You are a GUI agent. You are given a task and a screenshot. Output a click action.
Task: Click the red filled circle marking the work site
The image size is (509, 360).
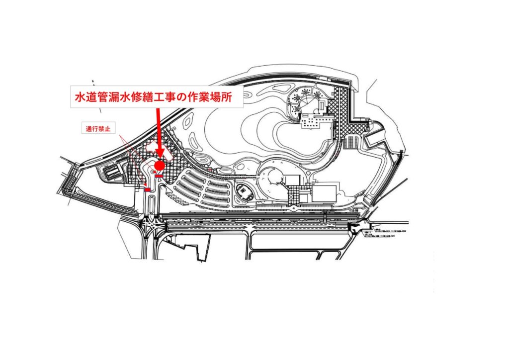[x=159, y=165]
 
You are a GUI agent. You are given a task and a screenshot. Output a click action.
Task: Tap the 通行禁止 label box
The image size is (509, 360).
[x=98, y=128]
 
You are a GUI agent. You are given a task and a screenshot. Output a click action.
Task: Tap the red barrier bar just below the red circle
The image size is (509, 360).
[x=159, y=176]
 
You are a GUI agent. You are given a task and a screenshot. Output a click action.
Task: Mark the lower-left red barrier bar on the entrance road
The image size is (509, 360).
[x=148, y=189]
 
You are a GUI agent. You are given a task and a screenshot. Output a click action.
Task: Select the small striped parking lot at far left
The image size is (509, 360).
[x=110, y=172]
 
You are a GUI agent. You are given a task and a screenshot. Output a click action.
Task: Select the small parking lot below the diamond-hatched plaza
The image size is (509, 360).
[x=353, y=141]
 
